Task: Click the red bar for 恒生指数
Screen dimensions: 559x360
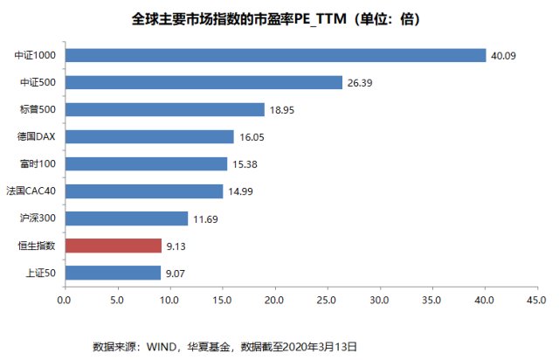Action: [114, 246]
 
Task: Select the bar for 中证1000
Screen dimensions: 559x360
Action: [276, 55]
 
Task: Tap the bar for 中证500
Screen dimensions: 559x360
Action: [204, 82]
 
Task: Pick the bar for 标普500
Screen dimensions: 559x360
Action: [165, 109]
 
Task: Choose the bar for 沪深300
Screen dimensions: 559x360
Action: [127, 218]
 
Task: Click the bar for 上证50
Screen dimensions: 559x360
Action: [113, 273]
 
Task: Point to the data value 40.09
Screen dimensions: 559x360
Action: [503, 56]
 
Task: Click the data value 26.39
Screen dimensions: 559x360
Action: [360, 83]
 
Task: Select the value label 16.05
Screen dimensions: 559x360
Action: [252, 137]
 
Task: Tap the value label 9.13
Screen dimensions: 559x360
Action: [176, 246]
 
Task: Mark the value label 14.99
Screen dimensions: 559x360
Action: [241, 191]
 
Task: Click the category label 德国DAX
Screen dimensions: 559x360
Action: [36, 136]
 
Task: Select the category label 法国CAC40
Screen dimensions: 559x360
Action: [31, 190]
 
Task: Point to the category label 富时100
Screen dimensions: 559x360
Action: [38, 163]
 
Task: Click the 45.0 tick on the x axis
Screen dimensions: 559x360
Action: [537, 300]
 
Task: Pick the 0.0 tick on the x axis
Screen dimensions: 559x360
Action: [64, 300]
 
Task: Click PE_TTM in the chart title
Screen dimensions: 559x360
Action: [321, 19]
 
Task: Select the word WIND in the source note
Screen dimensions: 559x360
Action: [162, 346]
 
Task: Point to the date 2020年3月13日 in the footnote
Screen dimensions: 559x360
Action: [320, 346]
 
